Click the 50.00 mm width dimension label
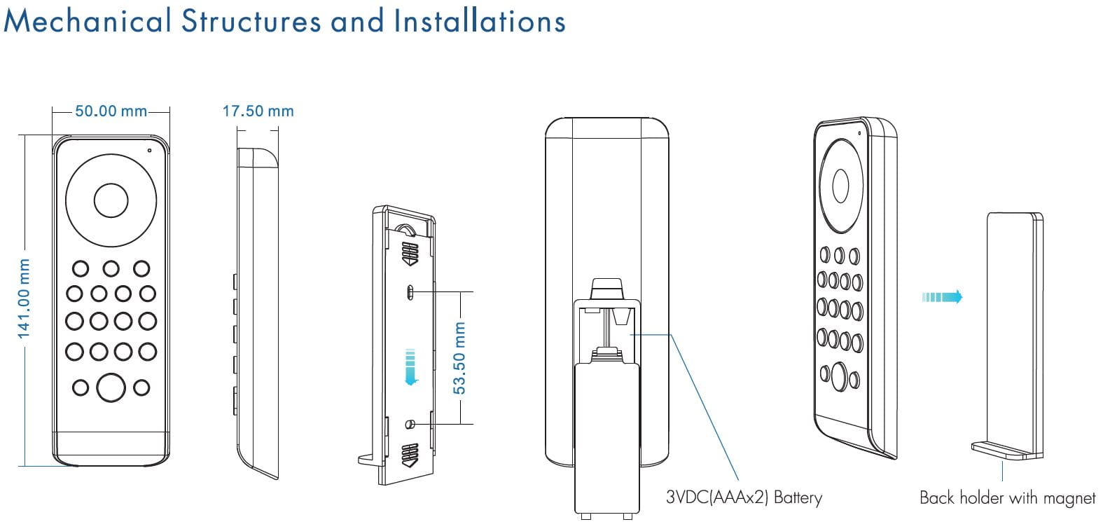coord(111,111)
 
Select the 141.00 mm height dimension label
coord(24,298)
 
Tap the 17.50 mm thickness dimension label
coord(258,111)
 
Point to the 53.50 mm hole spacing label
coord(459,357)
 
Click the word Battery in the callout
coord(798,498)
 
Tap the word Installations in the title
coord(480,21)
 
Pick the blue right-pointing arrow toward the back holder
coord(942,297)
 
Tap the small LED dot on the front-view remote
coord(149,150)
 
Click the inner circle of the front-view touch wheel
coord(111,201)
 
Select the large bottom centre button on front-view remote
coord(111,387)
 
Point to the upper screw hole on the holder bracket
coord(410,291)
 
